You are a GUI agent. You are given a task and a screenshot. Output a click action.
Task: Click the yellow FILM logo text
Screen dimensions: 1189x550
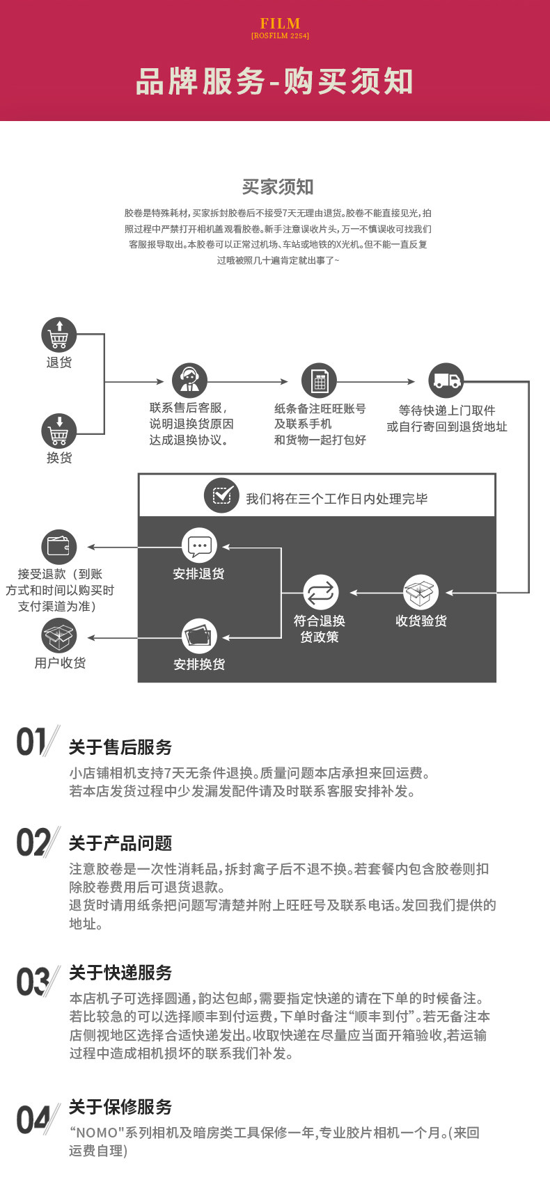point(280,24)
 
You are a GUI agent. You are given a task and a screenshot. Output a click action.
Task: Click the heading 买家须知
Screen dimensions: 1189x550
point(278,186)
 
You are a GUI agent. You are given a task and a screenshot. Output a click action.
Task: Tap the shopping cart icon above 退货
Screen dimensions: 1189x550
point(59,335)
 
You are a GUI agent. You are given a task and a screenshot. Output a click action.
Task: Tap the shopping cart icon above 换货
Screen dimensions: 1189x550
point(59,431)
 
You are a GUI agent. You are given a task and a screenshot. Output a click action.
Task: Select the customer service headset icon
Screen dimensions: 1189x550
point(189,381)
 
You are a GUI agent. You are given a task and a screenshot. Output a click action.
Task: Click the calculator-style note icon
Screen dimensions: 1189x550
point(319,381)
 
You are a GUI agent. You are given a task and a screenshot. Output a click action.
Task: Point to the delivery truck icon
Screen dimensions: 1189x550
point(446,381)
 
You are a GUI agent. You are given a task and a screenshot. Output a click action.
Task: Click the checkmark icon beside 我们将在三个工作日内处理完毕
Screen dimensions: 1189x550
point(221,495)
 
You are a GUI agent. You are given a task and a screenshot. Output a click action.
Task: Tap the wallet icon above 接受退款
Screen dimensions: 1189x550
point(59,546)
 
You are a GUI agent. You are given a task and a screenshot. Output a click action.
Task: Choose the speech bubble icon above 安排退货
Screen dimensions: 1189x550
point(199,546)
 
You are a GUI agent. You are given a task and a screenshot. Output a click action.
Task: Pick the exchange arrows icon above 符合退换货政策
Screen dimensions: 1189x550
point(320,593)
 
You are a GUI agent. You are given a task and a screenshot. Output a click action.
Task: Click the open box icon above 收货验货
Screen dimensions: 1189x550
point(421,593)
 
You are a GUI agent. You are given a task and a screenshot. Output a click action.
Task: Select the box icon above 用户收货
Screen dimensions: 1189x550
point(59,636)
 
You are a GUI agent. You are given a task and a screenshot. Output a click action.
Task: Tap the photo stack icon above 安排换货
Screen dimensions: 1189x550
point(199,636)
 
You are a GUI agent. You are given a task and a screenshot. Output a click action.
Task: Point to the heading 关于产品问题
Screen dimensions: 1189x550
point(120,843)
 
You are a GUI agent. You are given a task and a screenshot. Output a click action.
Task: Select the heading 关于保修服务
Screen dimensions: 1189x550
point(120,1106)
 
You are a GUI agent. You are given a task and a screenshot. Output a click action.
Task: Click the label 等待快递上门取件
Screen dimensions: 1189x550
point(446,410)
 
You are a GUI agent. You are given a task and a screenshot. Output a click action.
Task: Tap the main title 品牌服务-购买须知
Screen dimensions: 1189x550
point(274,82)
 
